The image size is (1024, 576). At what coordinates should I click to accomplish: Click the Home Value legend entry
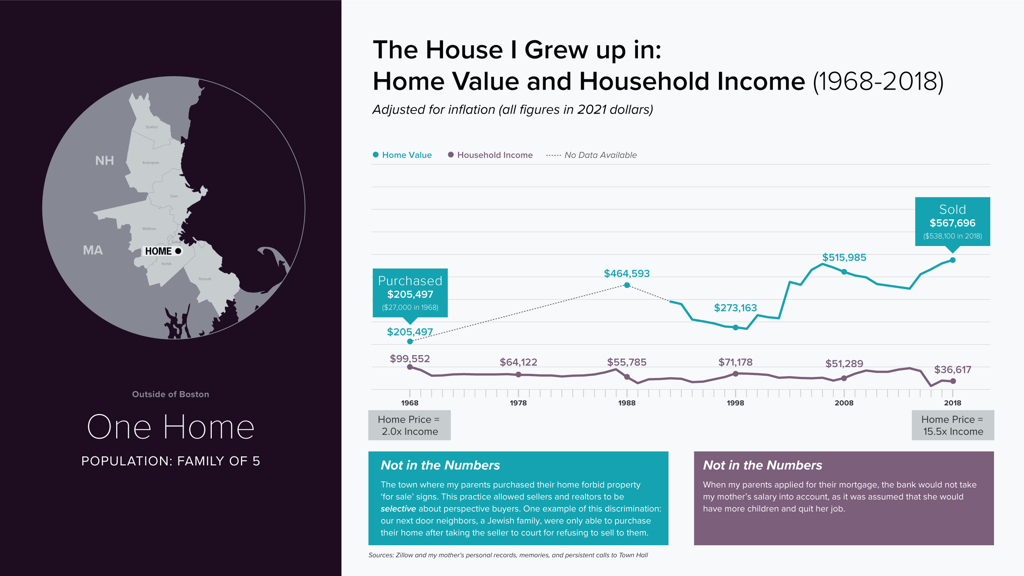pos(402,155)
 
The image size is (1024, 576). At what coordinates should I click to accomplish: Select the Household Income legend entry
pos(490,155)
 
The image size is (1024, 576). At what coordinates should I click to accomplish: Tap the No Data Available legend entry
pos(591,155)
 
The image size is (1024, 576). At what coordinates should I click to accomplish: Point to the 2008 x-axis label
pos(844,403)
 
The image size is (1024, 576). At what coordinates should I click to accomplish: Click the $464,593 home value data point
pos(627,285)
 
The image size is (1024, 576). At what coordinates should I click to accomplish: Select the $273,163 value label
pos(735,308)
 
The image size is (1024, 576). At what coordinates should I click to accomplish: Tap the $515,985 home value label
pos(844,257)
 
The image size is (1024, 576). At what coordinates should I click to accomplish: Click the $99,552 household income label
pos(409,359)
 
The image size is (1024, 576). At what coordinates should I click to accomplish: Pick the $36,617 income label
pos(952,369)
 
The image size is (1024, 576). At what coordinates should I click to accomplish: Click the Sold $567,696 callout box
pos(952,222)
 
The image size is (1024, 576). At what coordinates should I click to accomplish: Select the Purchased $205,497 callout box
pos(410,293)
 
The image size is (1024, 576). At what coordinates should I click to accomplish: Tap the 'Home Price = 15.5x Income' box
pos(952,425)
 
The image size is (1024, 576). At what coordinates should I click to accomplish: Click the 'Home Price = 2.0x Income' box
pos(409,425)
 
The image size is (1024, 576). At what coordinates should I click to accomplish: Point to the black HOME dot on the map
pos(178,251)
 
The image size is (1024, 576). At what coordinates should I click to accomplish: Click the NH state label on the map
pos(104,161)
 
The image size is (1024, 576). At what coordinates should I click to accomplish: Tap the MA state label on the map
pos(93,250)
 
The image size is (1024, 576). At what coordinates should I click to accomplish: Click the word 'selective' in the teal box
pos(398,509)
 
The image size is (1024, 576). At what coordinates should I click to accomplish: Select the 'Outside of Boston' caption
pos(170,394)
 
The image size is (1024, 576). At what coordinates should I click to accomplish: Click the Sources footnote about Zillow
pos(508,555)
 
